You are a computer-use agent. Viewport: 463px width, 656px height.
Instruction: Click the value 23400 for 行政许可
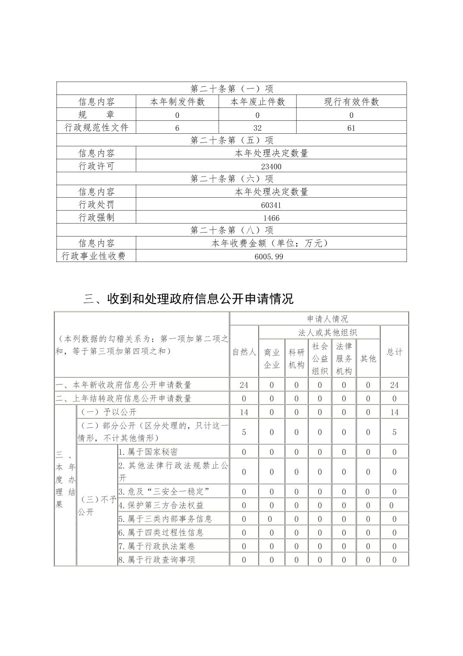coord(271,167)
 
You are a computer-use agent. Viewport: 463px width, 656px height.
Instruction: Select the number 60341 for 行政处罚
coord(271,205)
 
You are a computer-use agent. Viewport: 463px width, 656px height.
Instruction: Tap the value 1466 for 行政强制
coord(271,218)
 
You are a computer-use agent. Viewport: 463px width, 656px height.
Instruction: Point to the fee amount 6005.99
coord(271,256)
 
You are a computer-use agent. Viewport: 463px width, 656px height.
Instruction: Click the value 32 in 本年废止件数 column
coord(257,128)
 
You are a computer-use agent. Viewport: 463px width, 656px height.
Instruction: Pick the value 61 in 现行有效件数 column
coord(351,128)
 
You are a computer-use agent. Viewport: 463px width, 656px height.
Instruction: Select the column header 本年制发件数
coord(177,102)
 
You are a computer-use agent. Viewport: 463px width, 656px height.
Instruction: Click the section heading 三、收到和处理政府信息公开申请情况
coord(188,299)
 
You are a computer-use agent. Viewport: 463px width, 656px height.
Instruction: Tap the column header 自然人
coord(244,352)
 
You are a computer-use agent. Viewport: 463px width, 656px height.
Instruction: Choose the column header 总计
coord(394,352)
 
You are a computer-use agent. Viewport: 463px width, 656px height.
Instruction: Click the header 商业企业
coord(272,359)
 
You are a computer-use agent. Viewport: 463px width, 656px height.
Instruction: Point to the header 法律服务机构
coord(344,359)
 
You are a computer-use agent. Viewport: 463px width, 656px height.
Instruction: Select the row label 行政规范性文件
coord(96,128)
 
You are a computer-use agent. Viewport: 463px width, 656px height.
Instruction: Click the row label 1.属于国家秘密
coord(148,452)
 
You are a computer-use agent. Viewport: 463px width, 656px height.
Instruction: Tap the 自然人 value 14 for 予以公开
coord(244,412)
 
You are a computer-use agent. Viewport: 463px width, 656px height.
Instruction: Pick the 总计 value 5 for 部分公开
coord(394,432)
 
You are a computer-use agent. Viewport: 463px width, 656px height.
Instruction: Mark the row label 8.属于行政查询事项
coord(157,560)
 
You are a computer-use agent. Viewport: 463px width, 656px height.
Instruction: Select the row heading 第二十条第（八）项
coord(231,230)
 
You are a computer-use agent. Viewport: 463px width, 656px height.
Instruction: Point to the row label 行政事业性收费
coord(94,256)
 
